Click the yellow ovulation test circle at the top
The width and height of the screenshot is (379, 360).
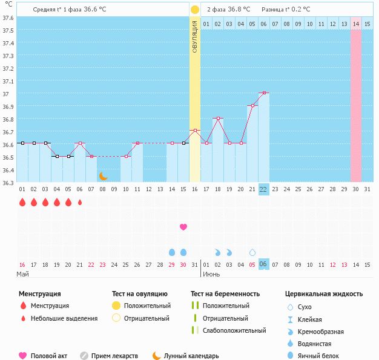(194, 10)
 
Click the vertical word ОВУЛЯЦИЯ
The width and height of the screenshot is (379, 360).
(194, 36)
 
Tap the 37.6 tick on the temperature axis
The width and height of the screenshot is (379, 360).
(8, 17)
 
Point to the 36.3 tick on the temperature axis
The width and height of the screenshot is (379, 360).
(8, 182)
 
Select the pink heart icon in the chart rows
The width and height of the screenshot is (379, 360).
(183, 227)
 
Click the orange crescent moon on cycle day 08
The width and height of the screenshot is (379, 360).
(103, 175)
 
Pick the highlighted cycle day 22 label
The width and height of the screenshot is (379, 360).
(263, 189)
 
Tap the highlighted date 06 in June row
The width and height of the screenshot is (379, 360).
(263, 264)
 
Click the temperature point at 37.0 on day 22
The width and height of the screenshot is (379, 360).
(263, 93)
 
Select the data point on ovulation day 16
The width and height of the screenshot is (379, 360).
(194, 131)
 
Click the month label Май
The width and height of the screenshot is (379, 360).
(22, 274)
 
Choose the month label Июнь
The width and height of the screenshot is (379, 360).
(211, 274)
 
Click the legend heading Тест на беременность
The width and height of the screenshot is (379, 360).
(225, 294)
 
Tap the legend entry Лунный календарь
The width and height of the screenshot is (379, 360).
(191, 356)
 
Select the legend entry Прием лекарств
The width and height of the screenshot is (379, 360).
(114, 356)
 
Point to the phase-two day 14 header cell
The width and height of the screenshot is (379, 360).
(356, 24)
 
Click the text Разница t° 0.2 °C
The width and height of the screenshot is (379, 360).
(286, 10)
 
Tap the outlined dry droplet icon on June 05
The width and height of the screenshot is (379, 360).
(252, 252)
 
